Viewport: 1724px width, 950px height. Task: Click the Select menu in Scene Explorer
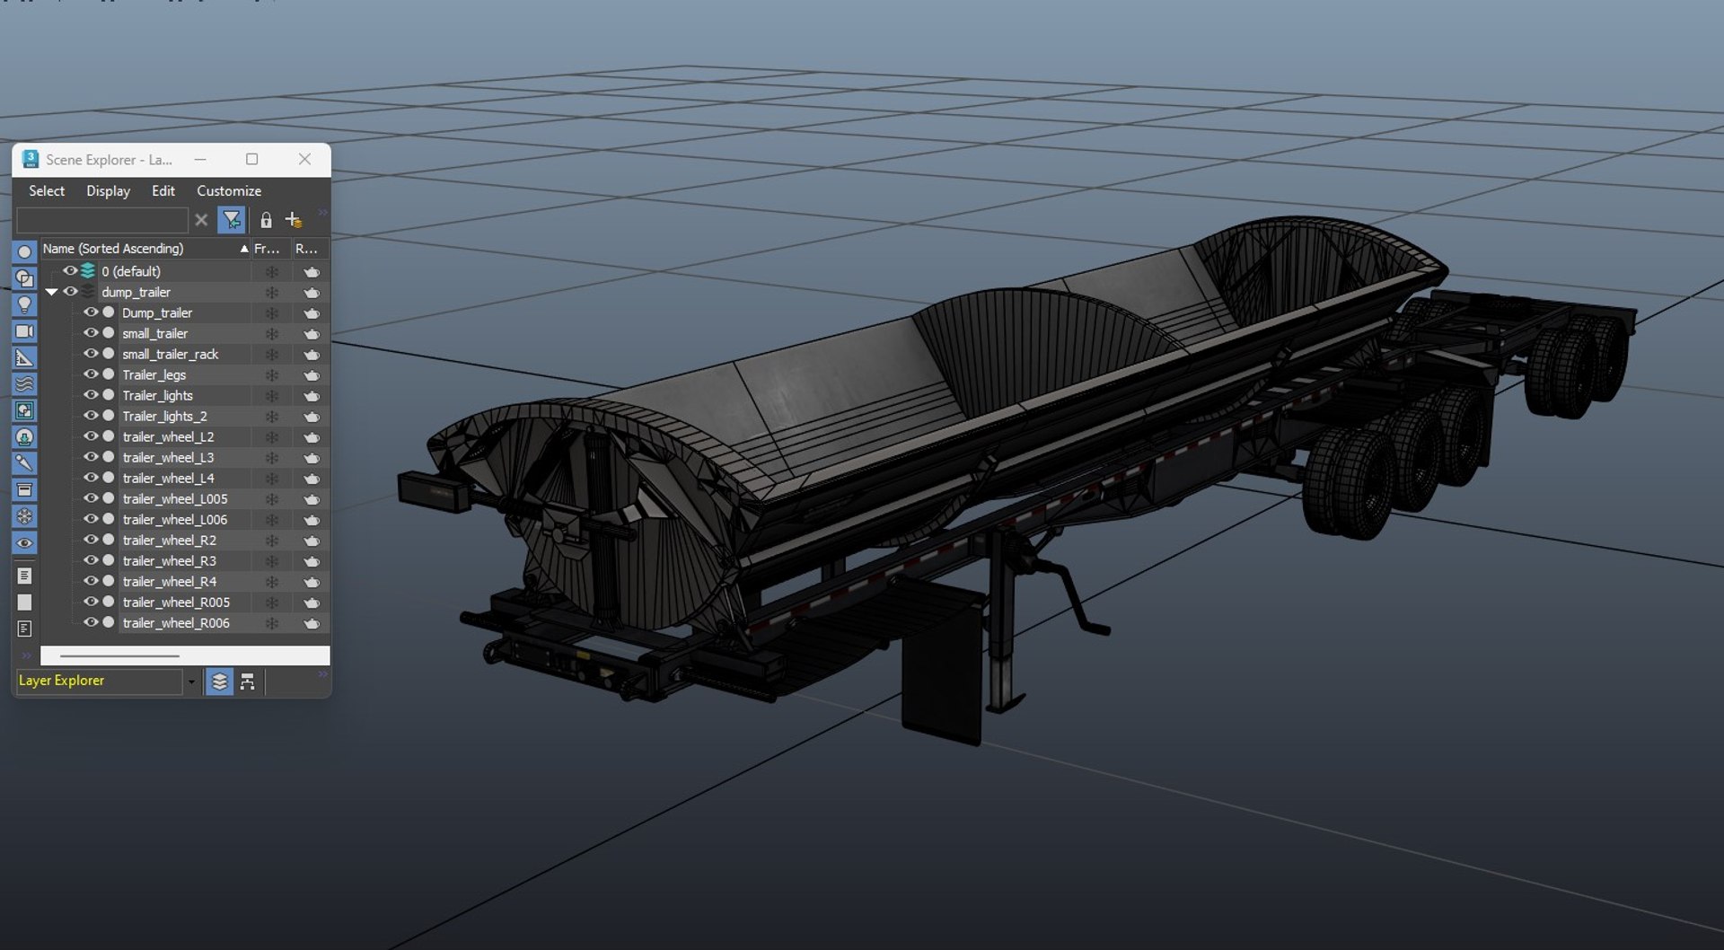click(47, 191)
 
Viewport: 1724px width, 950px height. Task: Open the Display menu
click(108, 191)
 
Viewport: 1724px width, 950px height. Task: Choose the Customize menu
click(229, 191)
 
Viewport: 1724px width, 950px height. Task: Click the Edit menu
click(163, 191)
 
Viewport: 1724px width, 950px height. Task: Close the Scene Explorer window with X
click(305, 159)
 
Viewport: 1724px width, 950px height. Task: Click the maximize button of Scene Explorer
click(252, 159)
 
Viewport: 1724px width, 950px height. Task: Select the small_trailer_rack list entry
click(171, 355)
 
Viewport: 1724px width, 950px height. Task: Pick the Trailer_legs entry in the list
click(154, 375)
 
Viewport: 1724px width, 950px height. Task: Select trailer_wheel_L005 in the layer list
click(175, 499)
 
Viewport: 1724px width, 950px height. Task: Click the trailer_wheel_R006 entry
click(176, 623)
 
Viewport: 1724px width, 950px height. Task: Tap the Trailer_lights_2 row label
click(164, 417)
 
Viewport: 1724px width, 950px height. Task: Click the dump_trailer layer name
click(136, 293)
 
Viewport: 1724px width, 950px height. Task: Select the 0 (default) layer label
click(131, 271)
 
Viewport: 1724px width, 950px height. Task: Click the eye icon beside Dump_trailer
click(91, 312)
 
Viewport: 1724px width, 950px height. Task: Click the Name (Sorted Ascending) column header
click(113, 249)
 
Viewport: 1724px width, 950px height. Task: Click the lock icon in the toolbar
click(266, 220)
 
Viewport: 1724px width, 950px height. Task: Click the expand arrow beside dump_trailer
click(51, 292)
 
